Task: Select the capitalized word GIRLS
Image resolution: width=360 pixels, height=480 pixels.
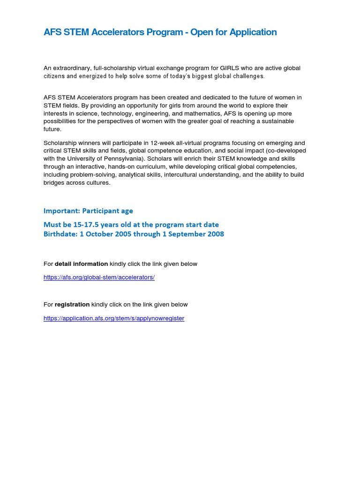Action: (229, 68)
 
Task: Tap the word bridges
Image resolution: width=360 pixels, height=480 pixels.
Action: (54, 182)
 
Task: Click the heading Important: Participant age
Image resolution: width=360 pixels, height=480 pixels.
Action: (88, 211)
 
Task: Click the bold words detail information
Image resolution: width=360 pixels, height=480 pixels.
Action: (81, 264)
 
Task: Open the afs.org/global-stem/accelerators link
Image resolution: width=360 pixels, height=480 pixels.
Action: (99, 277)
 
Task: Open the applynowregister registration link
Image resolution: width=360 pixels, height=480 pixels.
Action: (114, 318)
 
